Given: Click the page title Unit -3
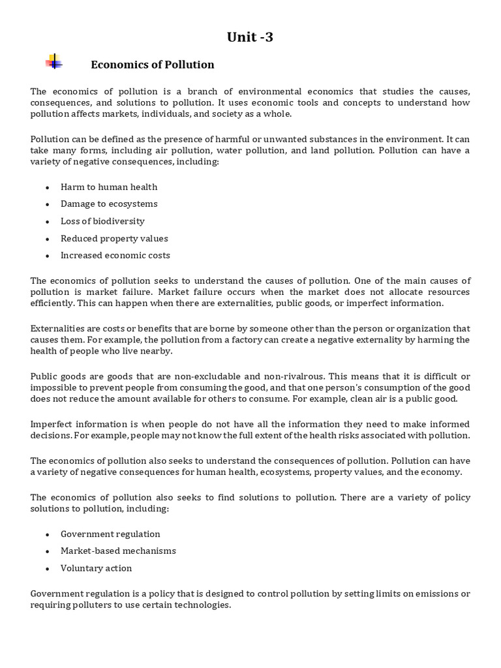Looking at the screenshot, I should [x=250, y=37].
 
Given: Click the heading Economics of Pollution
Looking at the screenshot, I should [x=152, y=65].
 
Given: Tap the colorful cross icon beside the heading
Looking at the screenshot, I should [x=54, y=62].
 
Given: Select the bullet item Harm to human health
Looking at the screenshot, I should [x=109, y=187].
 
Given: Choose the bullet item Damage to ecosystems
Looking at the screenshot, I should [x=109, y=204].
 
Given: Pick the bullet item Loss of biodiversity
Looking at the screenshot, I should [x=102, y=221].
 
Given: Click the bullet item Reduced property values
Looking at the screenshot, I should [x=114, y=238].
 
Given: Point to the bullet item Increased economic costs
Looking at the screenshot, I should [x=115, y=255].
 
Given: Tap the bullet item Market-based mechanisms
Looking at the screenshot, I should [x=118, y=551].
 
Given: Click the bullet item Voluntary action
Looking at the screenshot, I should [x=96, y=568].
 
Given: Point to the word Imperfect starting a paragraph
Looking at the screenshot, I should [x=52, y=425].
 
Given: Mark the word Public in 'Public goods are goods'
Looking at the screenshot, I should [x=44, y=376].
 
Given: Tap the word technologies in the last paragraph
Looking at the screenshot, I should [x=202, y=605].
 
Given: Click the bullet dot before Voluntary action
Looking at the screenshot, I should [x=48, y=569].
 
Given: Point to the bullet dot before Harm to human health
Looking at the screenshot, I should [x=48, y=188].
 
